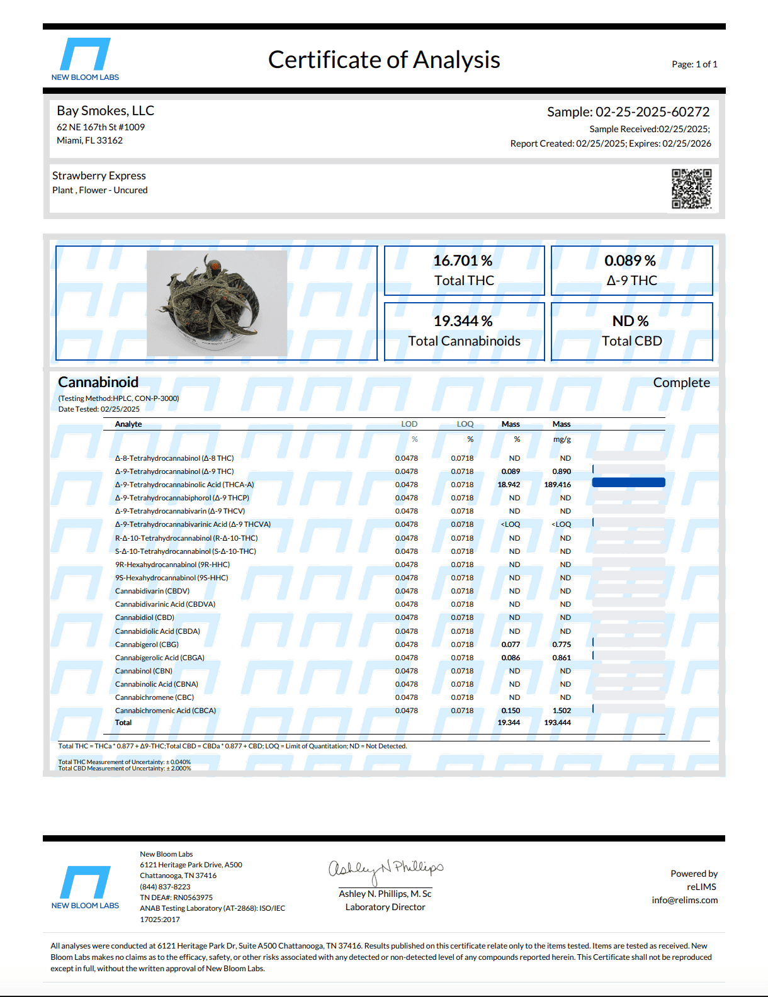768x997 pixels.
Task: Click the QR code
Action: pos(691,188)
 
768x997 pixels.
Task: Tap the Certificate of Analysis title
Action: pos(384,60)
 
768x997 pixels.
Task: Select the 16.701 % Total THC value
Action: pos(463,261)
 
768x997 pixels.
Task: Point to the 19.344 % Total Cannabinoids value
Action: pos(463,321)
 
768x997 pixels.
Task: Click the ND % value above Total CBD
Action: pos(631,321)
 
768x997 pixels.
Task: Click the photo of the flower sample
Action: pos(217,303)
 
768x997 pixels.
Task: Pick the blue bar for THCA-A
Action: pos(628,483)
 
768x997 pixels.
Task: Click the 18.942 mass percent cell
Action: pos(509,485)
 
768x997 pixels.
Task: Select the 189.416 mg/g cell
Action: pos(558,485)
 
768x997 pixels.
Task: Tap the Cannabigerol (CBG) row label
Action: pos(147,645)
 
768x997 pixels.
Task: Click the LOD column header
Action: pos(409,424)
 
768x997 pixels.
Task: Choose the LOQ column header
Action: pos(465,424)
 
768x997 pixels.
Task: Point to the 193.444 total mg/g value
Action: pos(558,723)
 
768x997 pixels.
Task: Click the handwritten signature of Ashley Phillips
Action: pos(385,869)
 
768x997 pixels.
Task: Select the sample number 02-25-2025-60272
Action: pos(652,112)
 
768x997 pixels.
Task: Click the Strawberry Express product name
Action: pos(99,176)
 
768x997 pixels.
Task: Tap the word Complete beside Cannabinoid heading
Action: pos(681,383)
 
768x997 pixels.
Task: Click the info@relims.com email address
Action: pos(684,900)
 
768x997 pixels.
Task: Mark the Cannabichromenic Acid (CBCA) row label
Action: pos(166,711)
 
